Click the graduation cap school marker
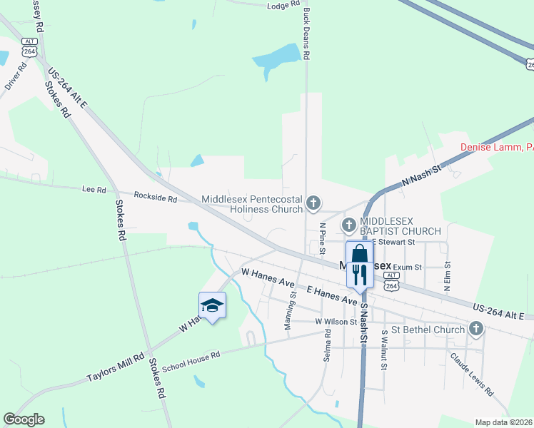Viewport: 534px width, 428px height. point(212,306)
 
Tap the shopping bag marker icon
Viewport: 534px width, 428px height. point(359,254)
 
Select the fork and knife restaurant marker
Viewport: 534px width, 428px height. point(359,274)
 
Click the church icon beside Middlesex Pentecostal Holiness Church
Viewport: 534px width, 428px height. point(313,204)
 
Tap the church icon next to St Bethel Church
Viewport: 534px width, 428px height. point(476,329)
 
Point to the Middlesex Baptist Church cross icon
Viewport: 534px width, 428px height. point(349,226)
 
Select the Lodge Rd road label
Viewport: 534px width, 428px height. point(283,5)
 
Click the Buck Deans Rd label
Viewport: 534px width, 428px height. point(306,34)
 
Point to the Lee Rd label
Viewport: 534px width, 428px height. point(94,190)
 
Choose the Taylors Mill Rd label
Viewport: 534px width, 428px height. point(115,367)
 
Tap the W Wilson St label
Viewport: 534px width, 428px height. point(336,322)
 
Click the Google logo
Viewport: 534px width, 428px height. point(24,419)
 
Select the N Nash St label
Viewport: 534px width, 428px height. point(422,174)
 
